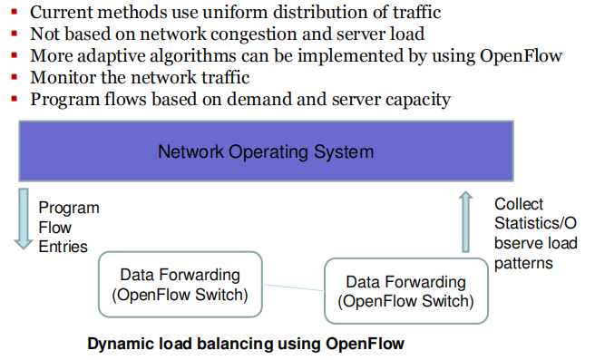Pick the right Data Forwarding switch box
pos(405,291)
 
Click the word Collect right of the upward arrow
pos(519,204)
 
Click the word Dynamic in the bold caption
pos(116,345)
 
